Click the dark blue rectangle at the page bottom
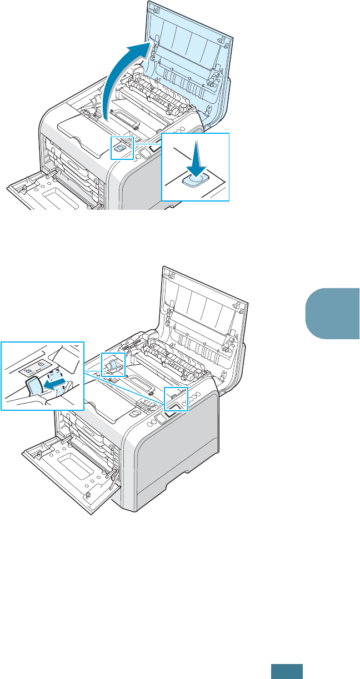click(287, 671)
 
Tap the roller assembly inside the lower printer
click(167, 366)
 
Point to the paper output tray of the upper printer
click(83, 133)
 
